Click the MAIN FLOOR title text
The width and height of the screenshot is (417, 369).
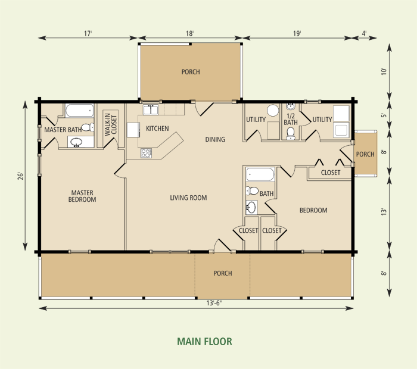pos(204,342)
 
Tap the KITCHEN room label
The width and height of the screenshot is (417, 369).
pos(157,129)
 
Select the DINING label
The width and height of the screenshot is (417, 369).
pos(215,140)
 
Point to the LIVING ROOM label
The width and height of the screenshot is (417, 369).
pos(188,198)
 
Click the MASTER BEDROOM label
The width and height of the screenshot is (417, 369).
pos(83,196)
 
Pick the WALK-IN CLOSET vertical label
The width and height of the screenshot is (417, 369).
pos(111,124)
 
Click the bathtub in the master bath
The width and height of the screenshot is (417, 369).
pos(79,111)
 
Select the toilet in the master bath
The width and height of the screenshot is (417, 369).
pos(86,127)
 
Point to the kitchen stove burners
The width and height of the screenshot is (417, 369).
pos(147,154)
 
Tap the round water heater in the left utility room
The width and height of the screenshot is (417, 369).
pos(273,110)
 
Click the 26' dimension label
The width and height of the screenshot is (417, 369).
pos(21,176)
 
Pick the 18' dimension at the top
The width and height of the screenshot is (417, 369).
pos(189,34)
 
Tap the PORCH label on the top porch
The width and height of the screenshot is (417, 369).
pos(191,72)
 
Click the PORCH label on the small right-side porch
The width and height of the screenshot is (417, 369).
pos(365,154)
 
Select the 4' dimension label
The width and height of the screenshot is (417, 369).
pos(365,34)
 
